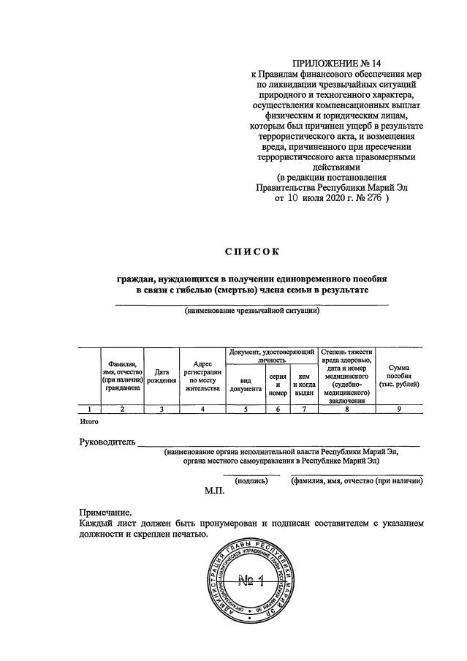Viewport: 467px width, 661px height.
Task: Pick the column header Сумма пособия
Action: [x=399, y=375]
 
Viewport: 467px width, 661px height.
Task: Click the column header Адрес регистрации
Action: [x=202, y=376]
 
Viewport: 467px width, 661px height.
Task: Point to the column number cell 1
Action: [x=89, y=409]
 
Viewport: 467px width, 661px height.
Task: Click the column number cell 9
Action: [x=399, y=409]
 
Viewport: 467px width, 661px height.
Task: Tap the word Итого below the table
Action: [x=88, y=422]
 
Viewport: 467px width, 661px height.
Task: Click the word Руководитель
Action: [x=107, y=443]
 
